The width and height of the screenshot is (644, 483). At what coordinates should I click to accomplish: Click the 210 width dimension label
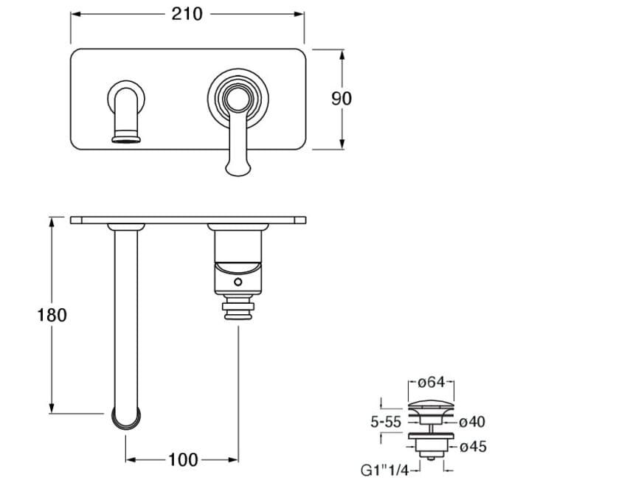click(187, 14)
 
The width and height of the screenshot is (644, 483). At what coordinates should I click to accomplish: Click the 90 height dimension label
click(342, 99)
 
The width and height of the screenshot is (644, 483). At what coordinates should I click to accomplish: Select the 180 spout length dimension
click(52, 315)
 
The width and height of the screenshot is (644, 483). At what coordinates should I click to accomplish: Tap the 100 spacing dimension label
click(183, 459)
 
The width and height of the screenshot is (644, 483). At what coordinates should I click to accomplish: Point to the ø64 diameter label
click(432, 383)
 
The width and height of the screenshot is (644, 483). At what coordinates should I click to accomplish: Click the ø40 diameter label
click(472, 422)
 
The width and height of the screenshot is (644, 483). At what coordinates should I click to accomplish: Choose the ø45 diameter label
click(473, 446)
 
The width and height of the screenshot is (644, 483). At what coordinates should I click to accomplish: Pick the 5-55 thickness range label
click(386, 422)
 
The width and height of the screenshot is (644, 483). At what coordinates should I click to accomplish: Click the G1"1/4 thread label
click(385, 470)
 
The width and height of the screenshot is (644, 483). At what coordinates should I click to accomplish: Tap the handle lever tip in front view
click(238, 168)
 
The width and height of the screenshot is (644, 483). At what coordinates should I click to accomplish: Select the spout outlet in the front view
click(126, 138)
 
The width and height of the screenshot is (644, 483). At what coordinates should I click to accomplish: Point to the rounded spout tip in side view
click(126, 419)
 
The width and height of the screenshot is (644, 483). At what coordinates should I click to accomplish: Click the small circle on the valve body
click(238, 282)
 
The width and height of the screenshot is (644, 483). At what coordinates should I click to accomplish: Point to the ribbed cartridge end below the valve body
click(238, 310)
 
